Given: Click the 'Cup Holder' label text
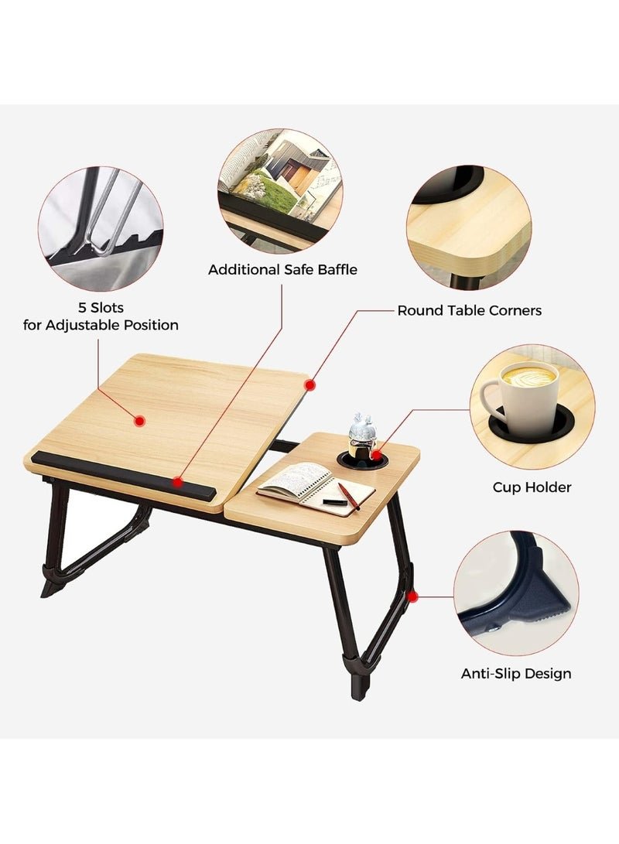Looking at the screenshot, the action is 532,487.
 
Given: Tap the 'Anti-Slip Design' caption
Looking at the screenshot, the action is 516,673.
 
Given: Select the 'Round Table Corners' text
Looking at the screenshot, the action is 470,310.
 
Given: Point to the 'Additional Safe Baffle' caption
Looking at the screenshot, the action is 282,269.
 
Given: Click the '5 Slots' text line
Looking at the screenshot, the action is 101,307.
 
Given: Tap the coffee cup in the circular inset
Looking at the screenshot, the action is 521,391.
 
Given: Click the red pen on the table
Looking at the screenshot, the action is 349,496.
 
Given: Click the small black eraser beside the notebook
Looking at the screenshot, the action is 333,501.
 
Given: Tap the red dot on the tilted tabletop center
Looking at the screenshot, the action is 139,421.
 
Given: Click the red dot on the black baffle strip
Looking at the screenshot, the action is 177,482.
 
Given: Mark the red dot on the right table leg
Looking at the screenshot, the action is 412,597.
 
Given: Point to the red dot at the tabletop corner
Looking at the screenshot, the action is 309,385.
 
